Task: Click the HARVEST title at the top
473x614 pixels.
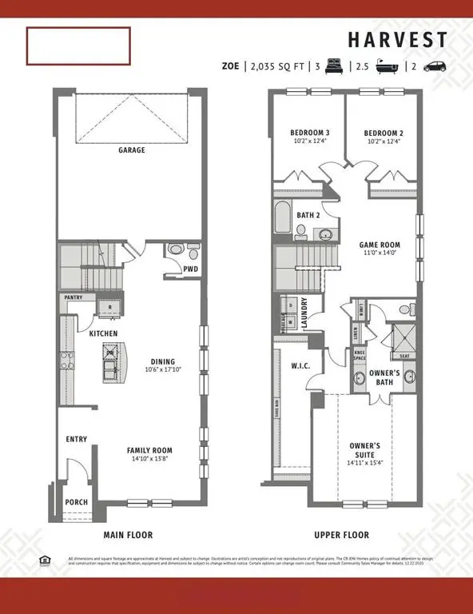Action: (x=396, y=40)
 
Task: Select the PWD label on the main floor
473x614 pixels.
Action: (x=190, y=269)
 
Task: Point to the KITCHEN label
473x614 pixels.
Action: (x=103, y=333)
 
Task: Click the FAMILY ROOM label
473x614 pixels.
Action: (x=149, y=450)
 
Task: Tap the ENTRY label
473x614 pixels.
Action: (x=78, y=439)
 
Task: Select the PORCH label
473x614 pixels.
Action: (x=77, y=502)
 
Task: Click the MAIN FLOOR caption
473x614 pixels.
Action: (x=128, y=535)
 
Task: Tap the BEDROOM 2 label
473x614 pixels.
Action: (x=382, y=133)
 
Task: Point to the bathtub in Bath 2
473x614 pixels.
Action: (x=282, y=218)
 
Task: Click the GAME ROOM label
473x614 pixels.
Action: (x=379, y=245)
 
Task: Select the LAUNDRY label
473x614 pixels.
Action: (x=304, y=311)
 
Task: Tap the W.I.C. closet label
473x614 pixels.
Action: (x=300, y=366)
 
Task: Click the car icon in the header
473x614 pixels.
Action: (x=435, y=67)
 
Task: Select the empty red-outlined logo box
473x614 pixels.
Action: (x=78, y=46)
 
